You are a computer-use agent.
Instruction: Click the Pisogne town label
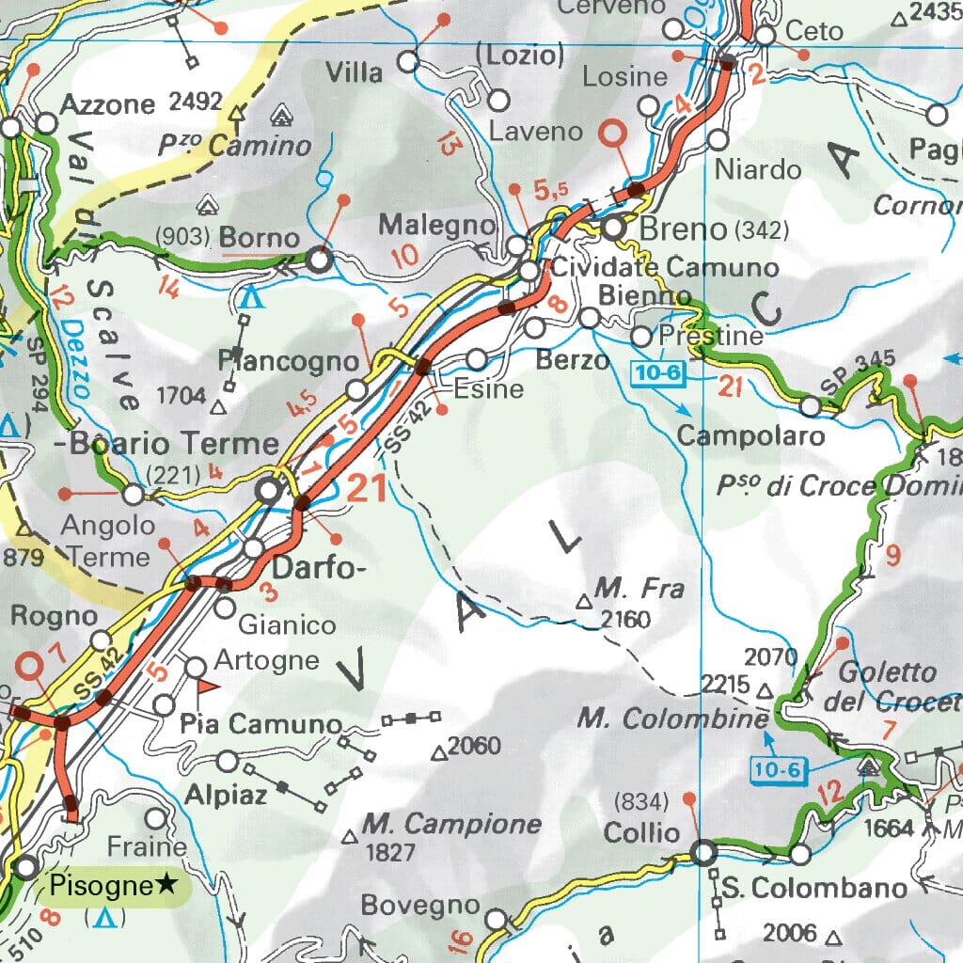coord(101,885)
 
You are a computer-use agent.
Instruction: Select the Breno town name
coord(683,229)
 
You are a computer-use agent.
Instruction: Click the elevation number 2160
coord(625,619)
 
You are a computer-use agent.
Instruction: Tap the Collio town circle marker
coord(703,853)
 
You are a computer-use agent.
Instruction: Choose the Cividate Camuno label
coord(665,267)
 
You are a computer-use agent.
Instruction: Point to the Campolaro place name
coord(750,435)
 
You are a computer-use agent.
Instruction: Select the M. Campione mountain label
coord(452,825)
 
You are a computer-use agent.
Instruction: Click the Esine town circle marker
coord(478,359)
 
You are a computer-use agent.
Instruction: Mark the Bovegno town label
coord(420,907)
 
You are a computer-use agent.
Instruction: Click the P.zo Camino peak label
coord(234,146)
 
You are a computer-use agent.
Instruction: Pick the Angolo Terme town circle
coord(134,493)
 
